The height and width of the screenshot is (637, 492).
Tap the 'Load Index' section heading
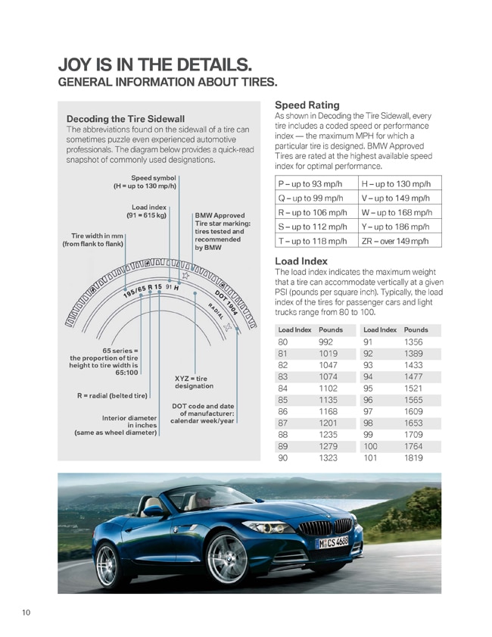300,261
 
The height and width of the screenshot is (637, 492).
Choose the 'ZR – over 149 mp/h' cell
397,241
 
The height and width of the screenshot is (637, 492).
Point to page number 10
26,612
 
